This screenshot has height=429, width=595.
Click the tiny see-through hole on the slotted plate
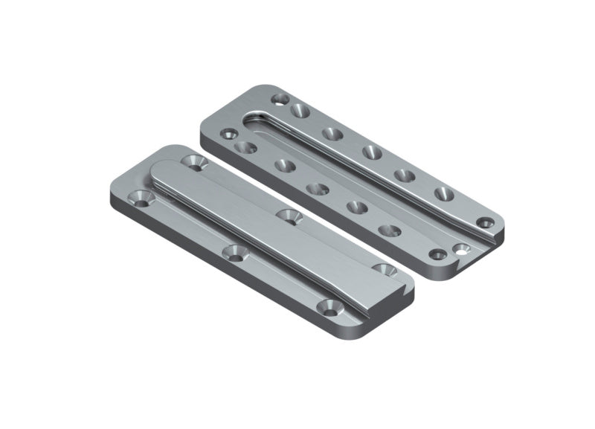466,251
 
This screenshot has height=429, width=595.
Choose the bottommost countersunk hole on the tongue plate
328,306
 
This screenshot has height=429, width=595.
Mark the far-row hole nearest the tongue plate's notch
384,268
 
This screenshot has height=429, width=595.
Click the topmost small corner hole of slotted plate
280,98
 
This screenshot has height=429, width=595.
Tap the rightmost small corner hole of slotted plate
485,222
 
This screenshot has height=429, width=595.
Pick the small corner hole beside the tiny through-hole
438,254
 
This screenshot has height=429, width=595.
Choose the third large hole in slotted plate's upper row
372,153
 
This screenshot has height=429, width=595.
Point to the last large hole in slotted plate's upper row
444,195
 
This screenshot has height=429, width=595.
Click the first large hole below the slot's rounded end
245,147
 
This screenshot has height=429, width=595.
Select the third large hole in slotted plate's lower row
318,189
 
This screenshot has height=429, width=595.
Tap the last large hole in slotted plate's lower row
389,230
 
